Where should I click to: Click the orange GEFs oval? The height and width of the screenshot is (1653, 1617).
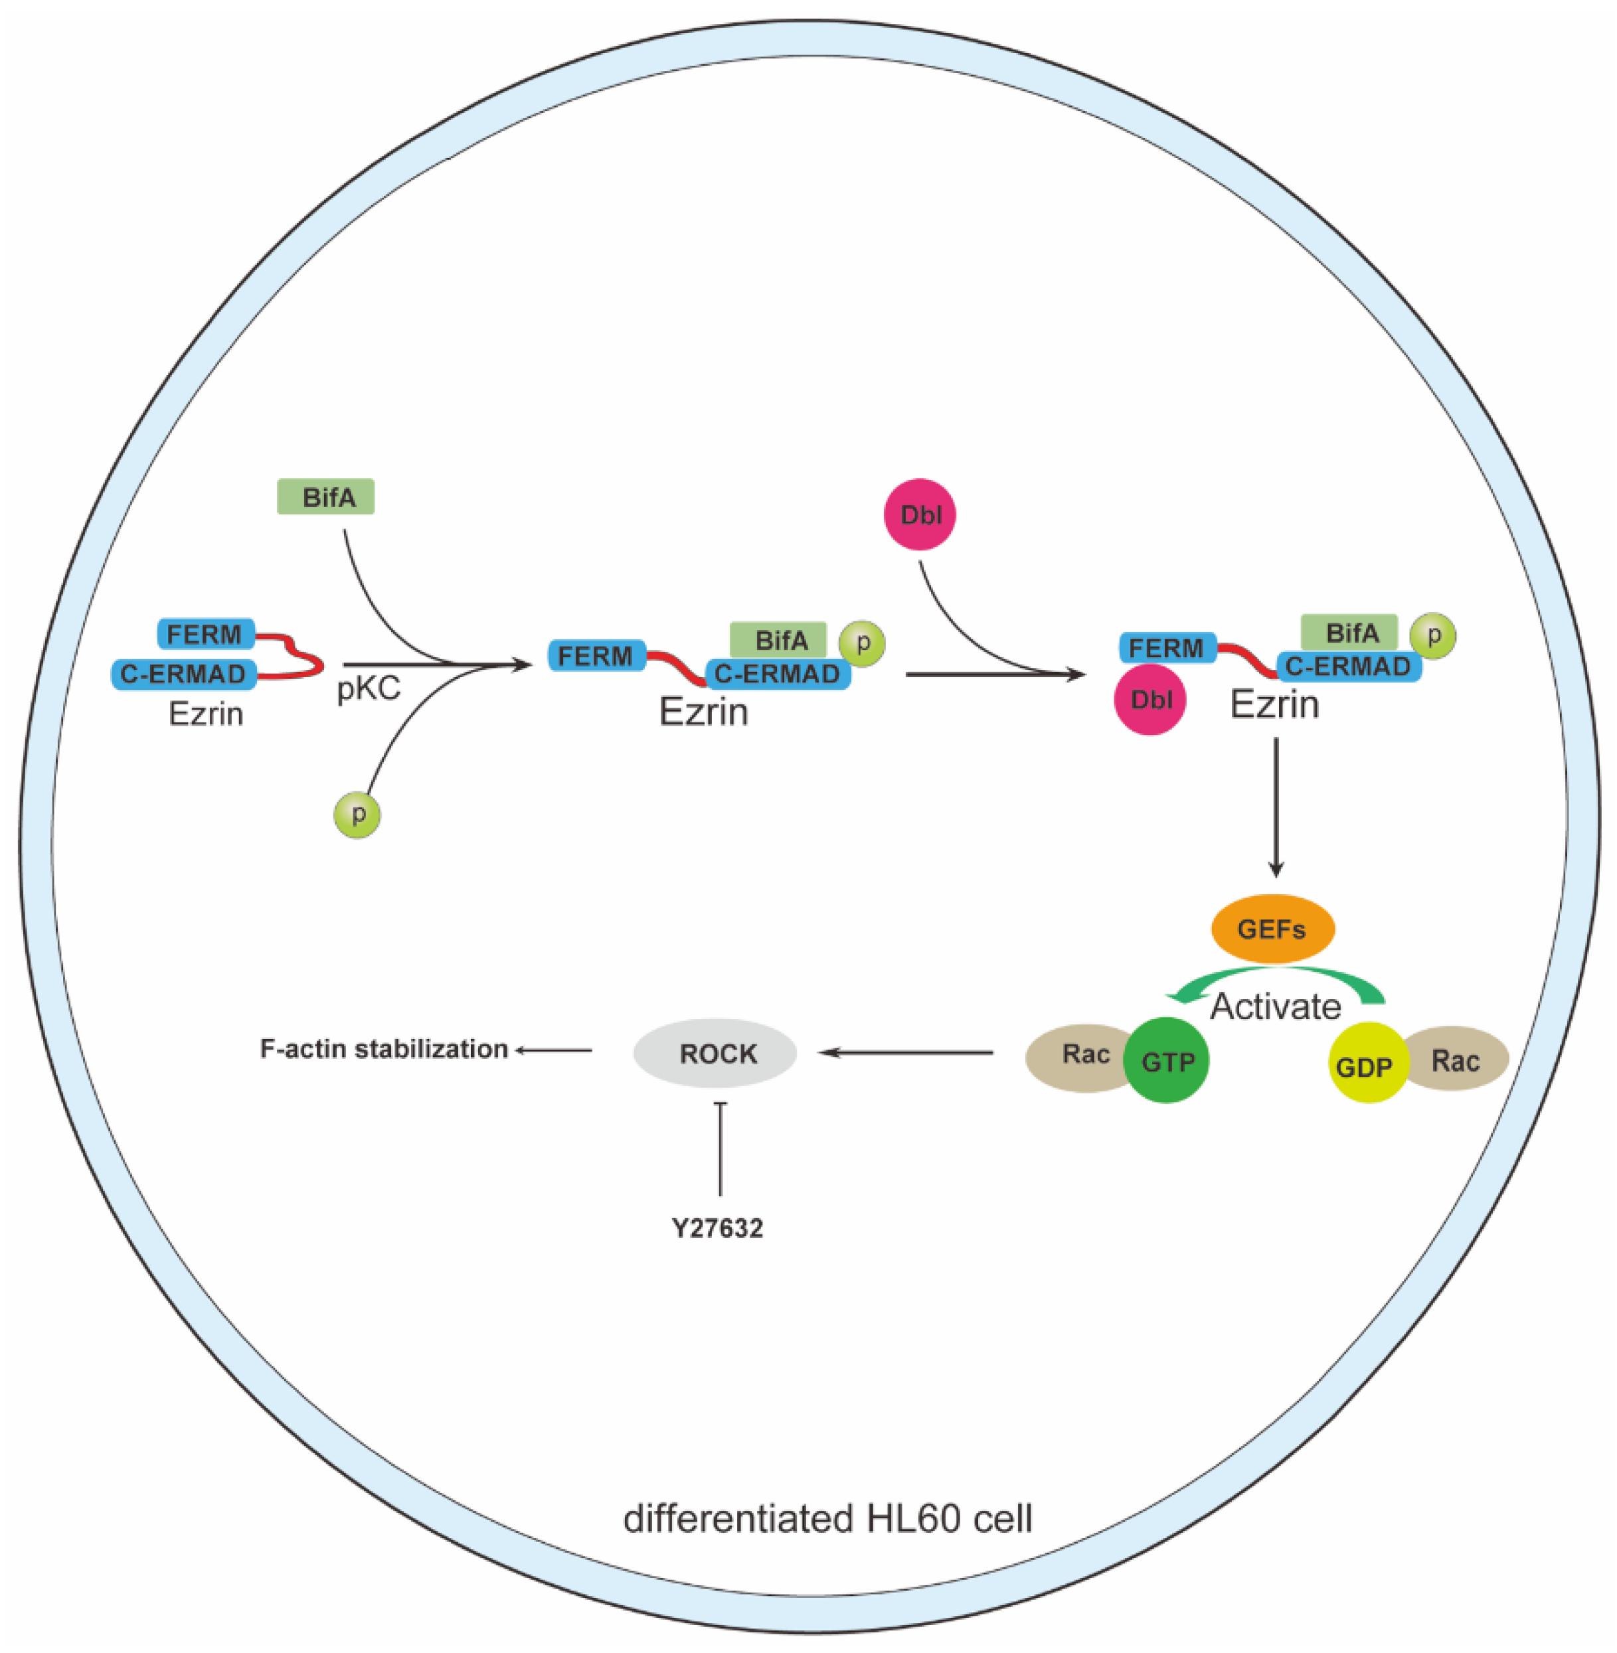[1272, 928]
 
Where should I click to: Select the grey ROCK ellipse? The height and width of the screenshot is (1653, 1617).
[715, 1053]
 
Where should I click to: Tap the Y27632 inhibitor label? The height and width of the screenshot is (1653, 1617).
[718, 1229]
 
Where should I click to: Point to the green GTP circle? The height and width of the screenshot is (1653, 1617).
[1166, 1062]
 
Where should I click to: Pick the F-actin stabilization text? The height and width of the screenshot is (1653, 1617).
[384, 1050]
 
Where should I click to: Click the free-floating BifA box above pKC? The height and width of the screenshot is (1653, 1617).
[326, 497]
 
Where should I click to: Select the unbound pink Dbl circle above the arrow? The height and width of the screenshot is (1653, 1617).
[920, 514]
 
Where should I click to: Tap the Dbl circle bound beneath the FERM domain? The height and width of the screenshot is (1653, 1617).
[1150, 700]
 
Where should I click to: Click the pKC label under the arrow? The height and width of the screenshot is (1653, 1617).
[368, 688]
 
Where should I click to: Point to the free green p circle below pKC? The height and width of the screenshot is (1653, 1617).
[357, 815]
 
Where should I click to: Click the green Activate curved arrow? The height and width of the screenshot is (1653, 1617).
[1274, 978]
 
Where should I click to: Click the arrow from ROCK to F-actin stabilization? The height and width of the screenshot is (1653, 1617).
[554, 1050]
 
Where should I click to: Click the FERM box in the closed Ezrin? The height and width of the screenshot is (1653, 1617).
[205, 633]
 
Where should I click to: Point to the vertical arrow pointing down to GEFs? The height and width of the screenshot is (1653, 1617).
[1276, 807]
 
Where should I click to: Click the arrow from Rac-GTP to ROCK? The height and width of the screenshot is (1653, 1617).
[907, 1053]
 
